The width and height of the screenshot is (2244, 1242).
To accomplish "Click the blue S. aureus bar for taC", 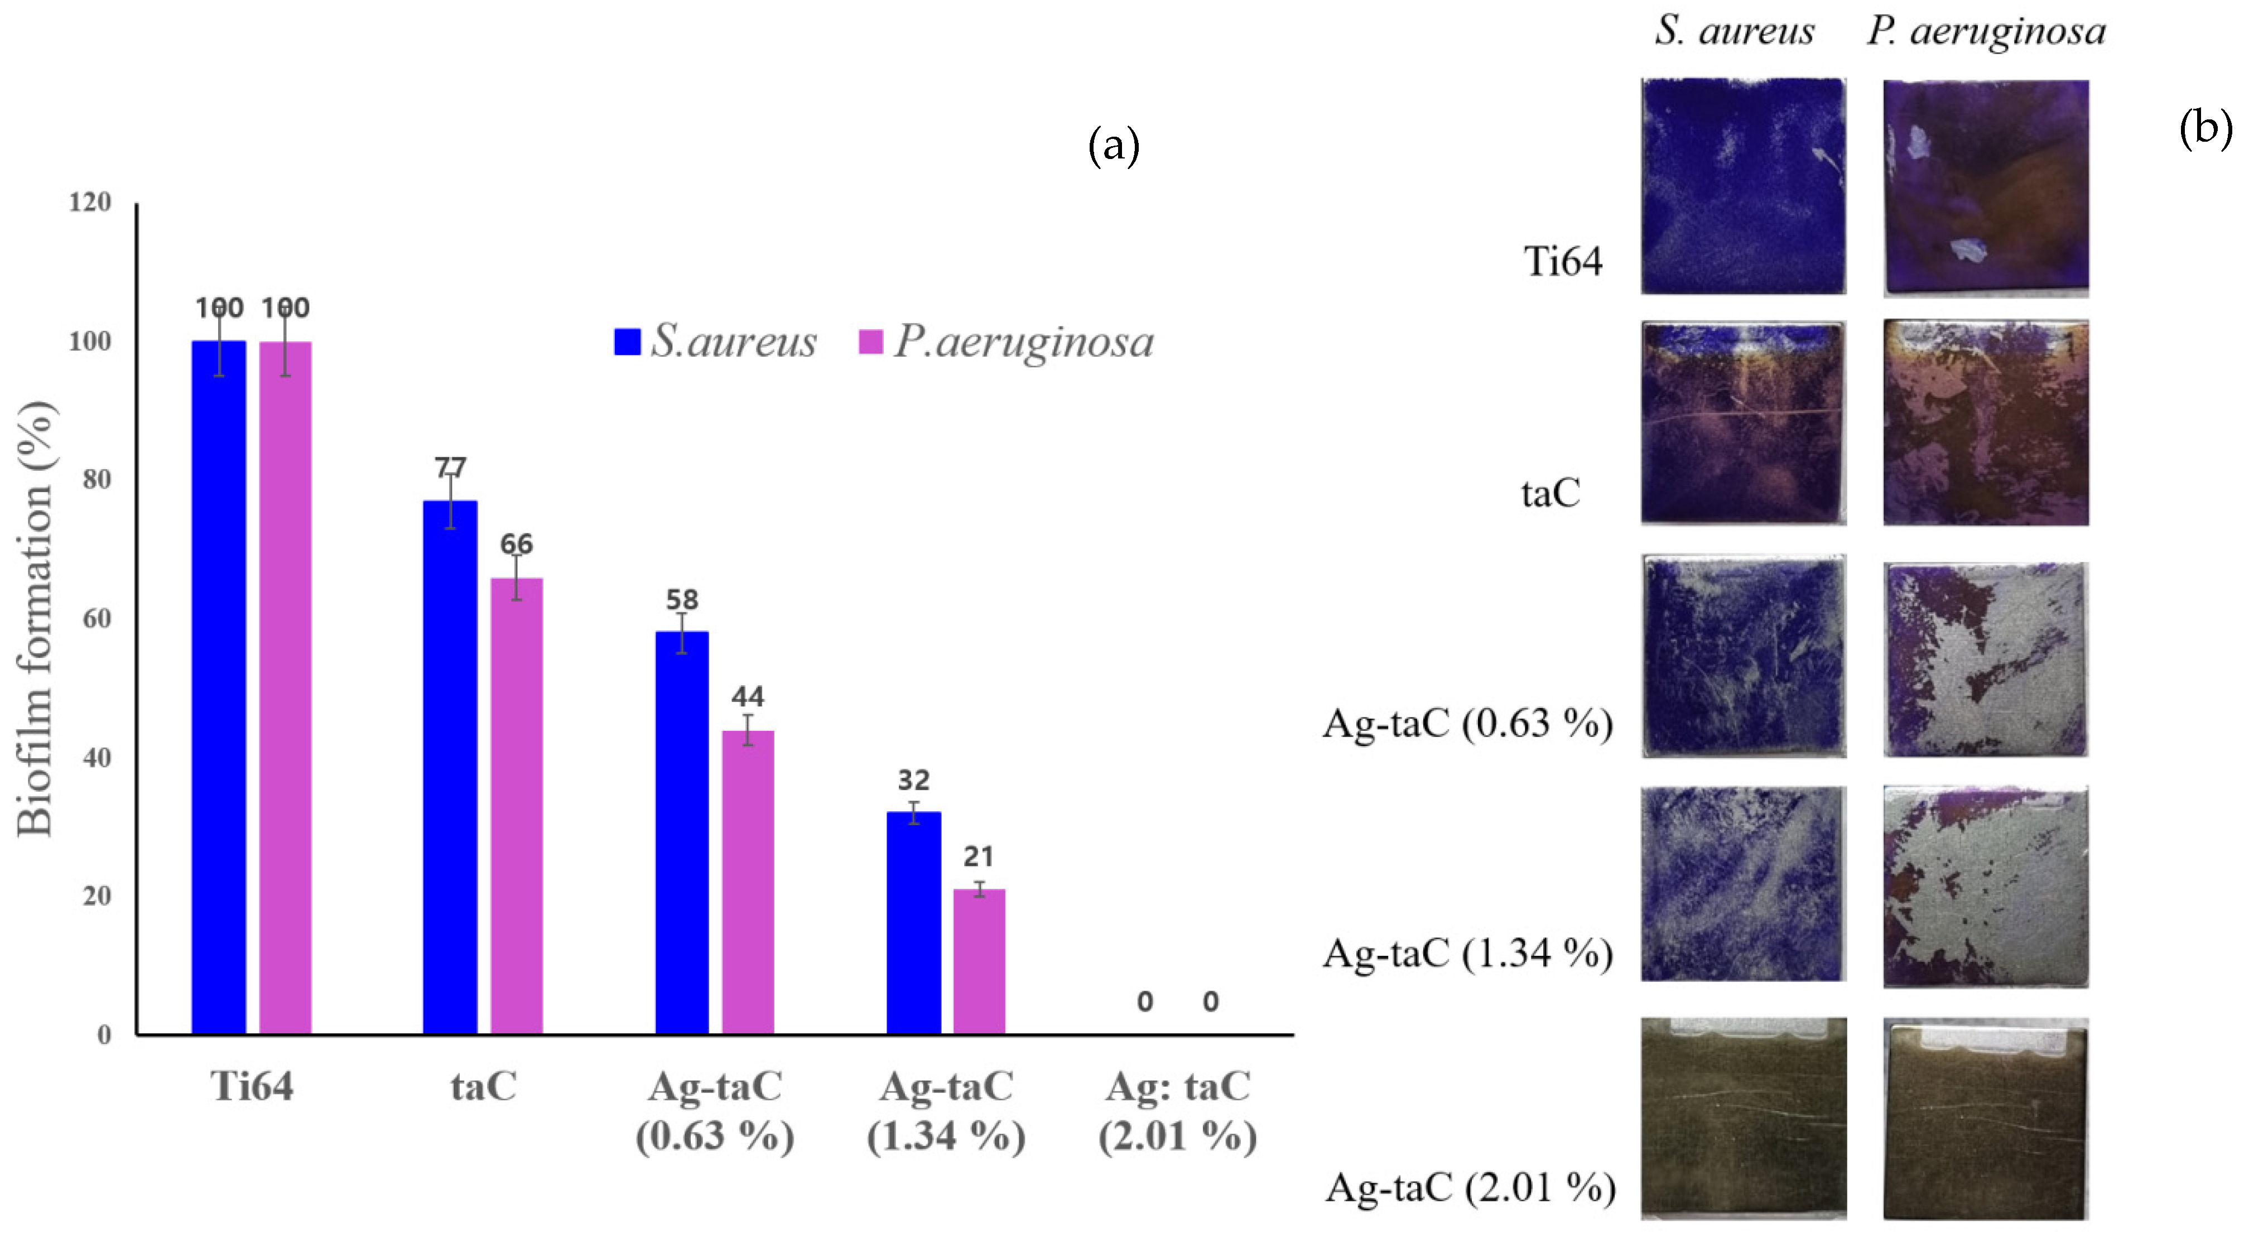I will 450,767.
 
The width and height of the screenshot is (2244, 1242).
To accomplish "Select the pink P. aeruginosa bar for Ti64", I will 285,688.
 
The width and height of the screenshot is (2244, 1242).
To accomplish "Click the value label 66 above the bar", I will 516,545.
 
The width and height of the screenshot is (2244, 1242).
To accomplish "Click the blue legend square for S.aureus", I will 627,341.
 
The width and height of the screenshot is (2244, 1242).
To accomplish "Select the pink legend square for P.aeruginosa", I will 870,341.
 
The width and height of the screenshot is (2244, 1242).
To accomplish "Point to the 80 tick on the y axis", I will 97,479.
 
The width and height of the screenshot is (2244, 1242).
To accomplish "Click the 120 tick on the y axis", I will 90,202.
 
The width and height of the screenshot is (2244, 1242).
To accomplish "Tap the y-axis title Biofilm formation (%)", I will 37,618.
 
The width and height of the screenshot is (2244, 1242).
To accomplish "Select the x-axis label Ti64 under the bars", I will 252,1087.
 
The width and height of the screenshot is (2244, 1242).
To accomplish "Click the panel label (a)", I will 1113,146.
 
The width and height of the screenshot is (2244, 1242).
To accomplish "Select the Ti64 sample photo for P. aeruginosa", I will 1985,187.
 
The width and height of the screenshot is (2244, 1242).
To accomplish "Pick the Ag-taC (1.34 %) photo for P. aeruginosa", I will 1985,886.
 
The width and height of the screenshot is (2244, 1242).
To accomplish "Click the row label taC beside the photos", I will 1550,494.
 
